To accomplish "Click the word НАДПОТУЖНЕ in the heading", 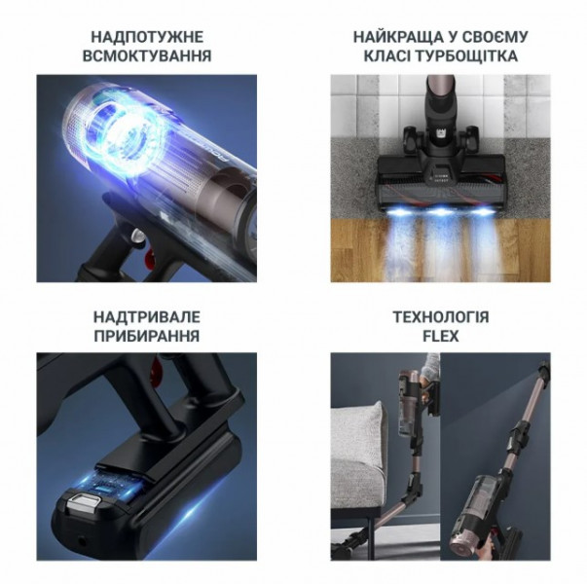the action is tap(147, 37).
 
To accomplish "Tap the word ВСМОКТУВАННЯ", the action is tap(147, 55).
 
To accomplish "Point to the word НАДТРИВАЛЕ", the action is tap(147, 317).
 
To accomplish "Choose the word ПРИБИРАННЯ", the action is tap(147, 336).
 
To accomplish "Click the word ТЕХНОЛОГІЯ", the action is tap(441, 317).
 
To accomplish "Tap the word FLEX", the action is tap(441, 336).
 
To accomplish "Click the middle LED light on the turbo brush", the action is tap(440, 211).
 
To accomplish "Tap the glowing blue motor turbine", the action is tap(128, 138).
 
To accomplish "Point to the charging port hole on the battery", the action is tap(80, 541).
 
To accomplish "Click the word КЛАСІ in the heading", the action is tap(387, 55).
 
